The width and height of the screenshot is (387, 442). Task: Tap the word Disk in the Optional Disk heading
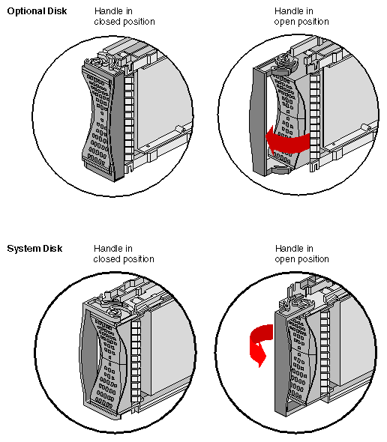(x=57, y=11)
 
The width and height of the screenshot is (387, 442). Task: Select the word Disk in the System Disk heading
(x=51, y=249)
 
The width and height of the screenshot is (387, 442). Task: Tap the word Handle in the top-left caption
(x=108, y=11)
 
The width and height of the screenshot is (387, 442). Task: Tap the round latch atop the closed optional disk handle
(x=100, y=59)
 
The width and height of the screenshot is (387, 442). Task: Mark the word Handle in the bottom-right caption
(x=289, y=249)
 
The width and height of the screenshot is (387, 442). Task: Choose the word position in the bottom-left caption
(x=138, y=259)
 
